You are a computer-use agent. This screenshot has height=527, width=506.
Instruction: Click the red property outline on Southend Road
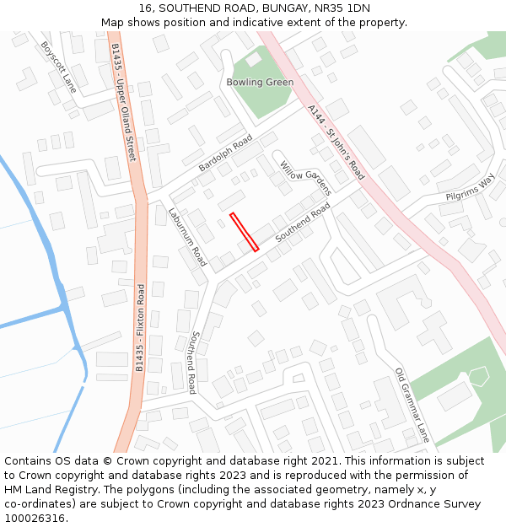244,232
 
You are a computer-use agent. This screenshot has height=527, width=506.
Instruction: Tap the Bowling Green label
260,83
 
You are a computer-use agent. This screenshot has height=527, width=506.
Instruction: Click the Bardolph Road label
225,153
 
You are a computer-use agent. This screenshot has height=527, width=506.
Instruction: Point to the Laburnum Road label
187,237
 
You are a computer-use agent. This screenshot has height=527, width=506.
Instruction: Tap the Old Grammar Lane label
412,405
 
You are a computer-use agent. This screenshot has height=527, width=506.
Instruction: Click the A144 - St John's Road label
336,142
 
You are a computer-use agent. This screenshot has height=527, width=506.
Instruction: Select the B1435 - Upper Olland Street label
123,102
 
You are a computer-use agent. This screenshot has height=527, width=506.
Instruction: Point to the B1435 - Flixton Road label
141,328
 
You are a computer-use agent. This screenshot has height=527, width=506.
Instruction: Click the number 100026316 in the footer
36,518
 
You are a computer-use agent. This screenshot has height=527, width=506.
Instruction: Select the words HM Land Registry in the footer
54,490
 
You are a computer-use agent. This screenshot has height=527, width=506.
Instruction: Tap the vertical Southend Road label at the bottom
193,363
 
